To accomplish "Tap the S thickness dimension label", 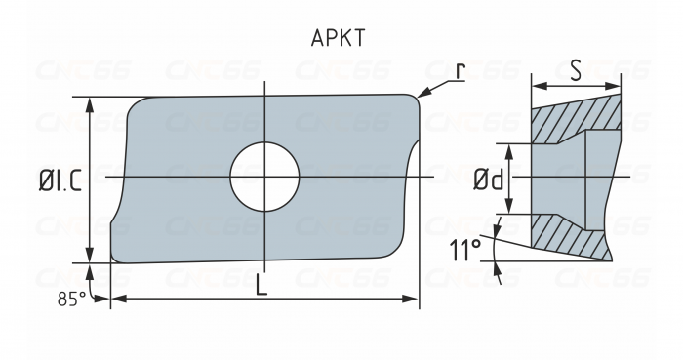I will [577, 71].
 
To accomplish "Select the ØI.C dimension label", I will [60, 180].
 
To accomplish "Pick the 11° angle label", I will [466, 252].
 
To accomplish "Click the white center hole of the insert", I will [263, 177].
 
